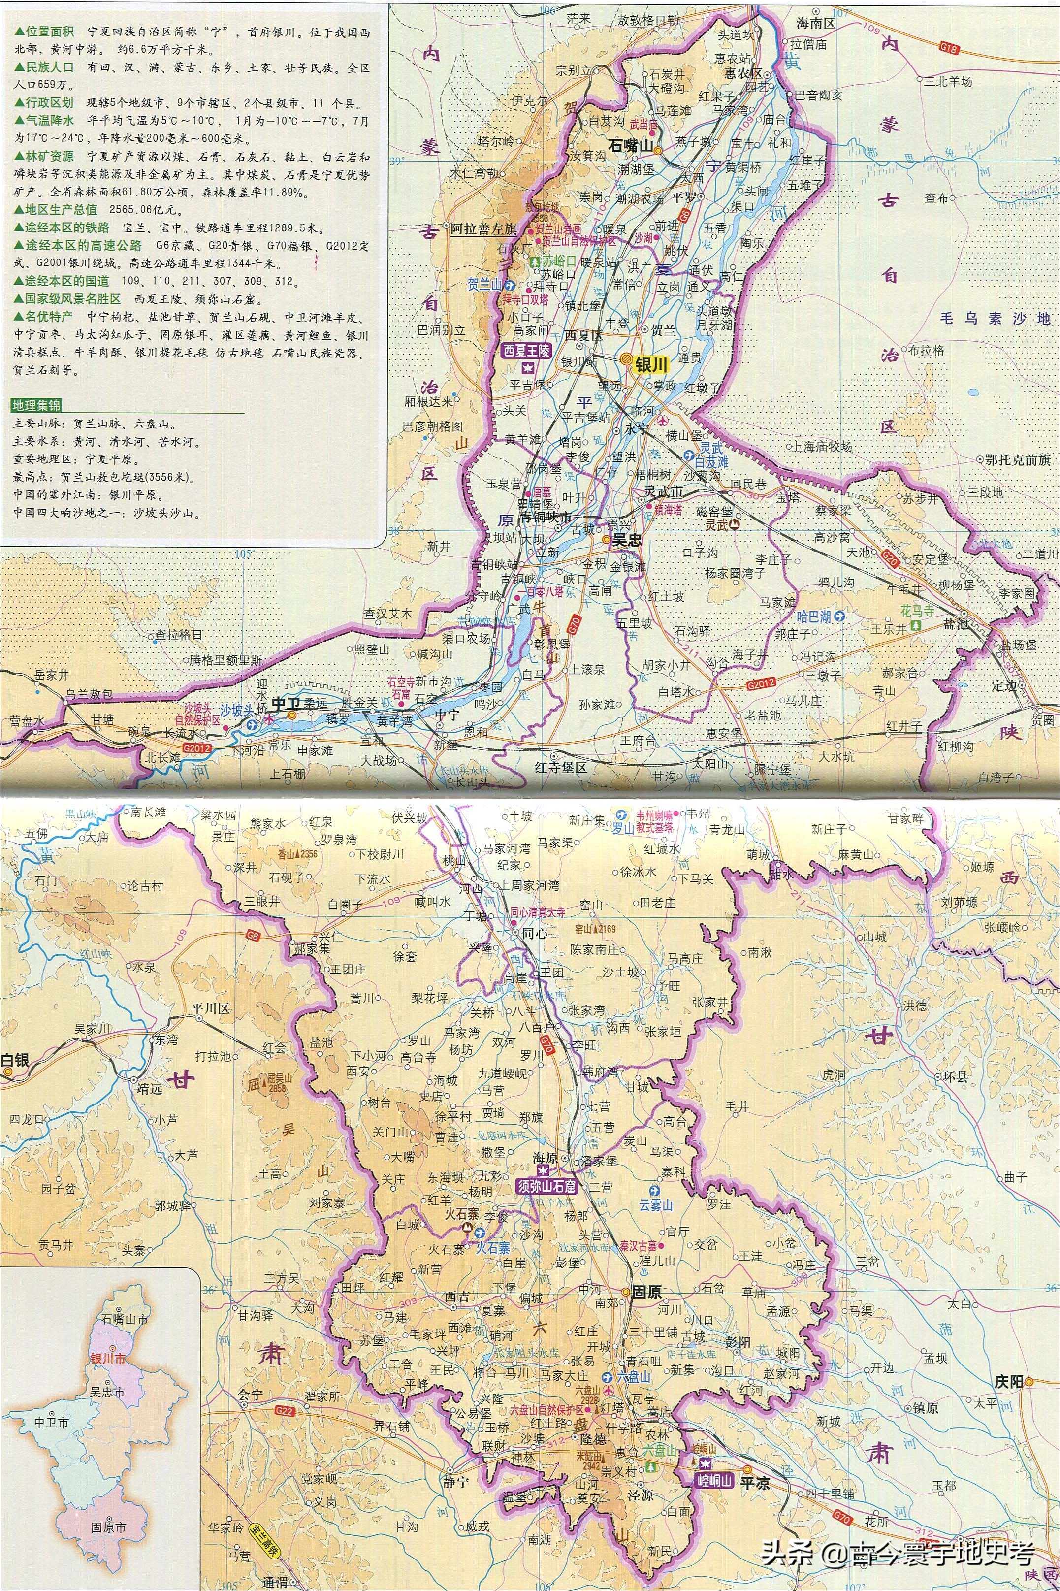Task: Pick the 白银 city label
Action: [15, 1060]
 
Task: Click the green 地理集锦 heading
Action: [36, 405]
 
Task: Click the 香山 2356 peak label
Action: [297, 854]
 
